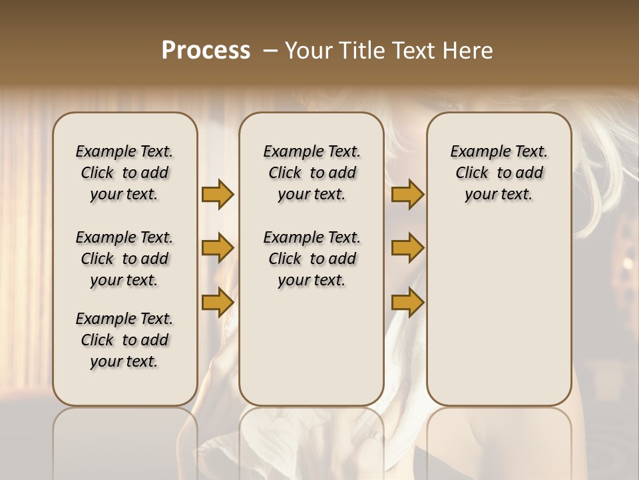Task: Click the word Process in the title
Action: (x=206, y=51)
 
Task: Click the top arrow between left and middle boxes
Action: (x=218, y=194)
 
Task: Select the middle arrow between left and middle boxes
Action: (x=218, y=248)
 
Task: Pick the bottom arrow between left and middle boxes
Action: (x=218, y=302)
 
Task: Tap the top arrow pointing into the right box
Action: (x=407, y=194)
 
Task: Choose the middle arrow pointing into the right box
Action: (x=407, y=248)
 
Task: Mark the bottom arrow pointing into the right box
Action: (x=407, y=302)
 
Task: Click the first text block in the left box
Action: (x=124, y=173)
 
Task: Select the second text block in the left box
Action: (x=124, y=259)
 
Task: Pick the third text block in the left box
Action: (x=124, y=340)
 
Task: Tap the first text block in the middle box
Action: (x=312, y=173)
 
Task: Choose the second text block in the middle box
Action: (x=312, y=259)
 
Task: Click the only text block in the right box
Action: (x=499, y=173)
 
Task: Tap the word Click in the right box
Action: (x=472, y=173)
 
